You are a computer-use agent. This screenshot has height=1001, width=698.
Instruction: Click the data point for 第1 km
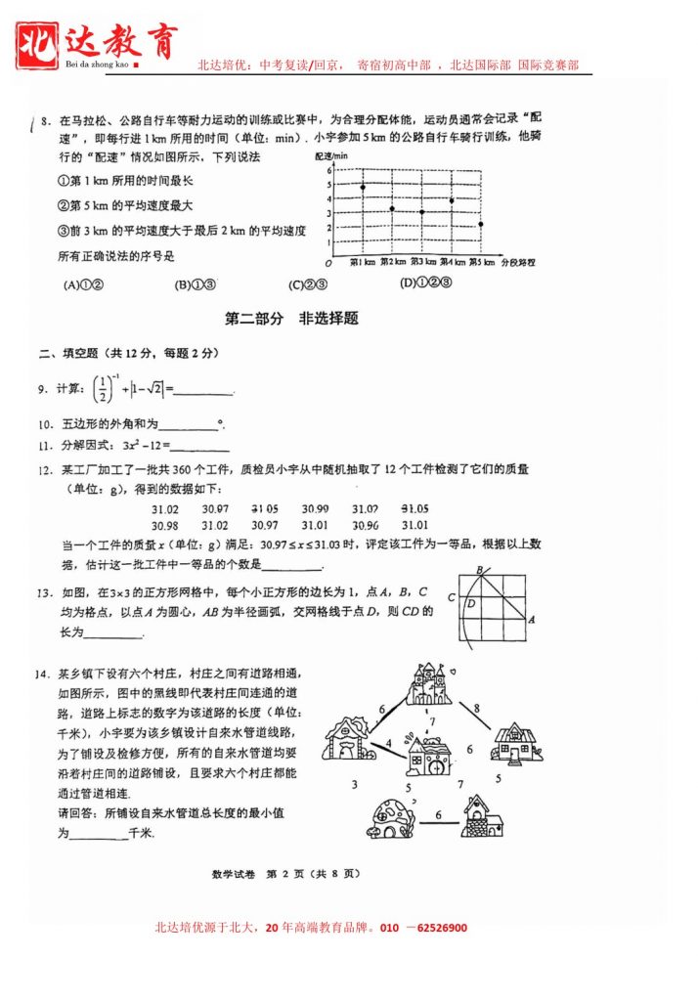363,187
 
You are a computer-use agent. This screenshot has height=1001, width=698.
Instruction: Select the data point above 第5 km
481,224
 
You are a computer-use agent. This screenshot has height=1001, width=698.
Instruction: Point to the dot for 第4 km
452,200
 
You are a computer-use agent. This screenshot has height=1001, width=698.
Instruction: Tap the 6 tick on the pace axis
329,170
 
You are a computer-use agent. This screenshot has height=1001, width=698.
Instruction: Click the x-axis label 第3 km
423,263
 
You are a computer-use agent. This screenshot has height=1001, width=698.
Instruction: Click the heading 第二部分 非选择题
291,319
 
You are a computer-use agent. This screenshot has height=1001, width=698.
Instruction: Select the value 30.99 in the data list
315,509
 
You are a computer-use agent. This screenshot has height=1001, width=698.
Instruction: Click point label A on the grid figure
530,619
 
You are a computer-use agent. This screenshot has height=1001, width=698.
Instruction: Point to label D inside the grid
470,604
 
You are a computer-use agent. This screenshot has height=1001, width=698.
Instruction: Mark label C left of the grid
452,597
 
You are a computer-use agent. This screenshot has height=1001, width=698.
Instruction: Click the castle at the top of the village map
429,684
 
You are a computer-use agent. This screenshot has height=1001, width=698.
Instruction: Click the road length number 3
355,784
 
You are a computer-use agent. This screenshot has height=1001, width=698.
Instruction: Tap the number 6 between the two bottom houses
438,813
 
